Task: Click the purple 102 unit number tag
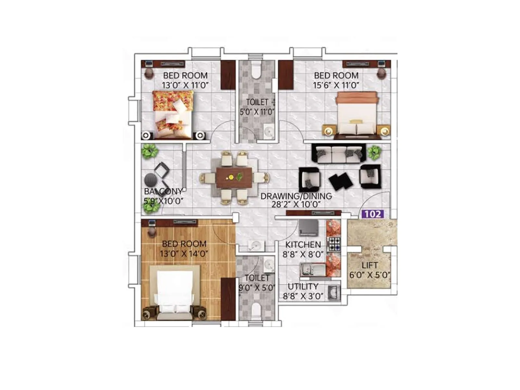tap(372, 214)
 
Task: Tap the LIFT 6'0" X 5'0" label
tap(370, 270)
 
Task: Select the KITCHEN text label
tap(303, 245)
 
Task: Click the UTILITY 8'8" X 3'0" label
tap(303, 291)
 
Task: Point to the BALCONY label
tap(163, 191)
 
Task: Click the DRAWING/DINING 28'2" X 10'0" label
tap(296, 200)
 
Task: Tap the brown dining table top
tap(234, 178)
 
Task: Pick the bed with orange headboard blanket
tap(357, 114)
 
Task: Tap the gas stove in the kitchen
tap(334, 243)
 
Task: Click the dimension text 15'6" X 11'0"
tap(336, 85)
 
